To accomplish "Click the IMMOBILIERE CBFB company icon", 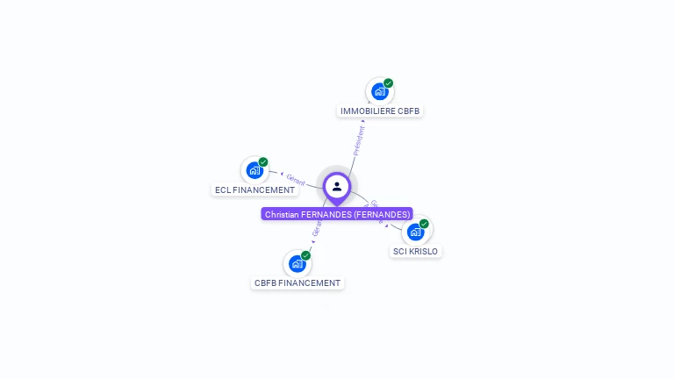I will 379,91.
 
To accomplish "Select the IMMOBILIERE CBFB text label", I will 380,111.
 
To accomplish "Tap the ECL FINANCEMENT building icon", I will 255,170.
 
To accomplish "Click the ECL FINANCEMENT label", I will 255,190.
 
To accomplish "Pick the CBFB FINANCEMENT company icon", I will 298,263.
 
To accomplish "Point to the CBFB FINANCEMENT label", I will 297,283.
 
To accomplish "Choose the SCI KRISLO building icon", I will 416,232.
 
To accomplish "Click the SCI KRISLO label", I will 415,252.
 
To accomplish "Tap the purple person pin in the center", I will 337,187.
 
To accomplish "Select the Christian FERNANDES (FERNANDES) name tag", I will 337,214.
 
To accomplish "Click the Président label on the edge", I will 358,140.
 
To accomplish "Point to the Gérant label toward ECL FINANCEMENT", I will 296,180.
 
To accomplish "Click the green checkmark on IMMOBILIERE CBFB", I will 389,83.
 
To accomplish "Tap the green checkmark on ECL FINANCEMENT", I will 263,162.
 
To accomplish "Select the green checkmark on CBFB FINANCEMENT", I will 306,255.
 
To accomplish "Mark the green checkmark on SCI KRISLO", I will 425,224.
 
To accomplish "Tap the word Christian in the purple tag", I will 282,214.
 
